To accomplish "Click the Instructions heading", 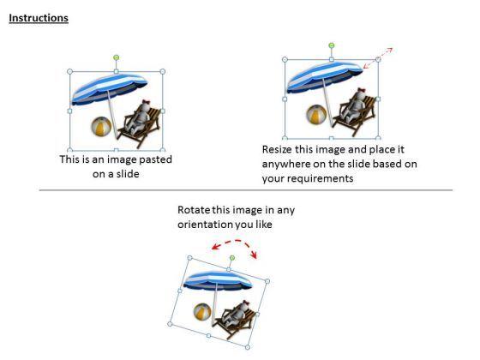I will (39, 18).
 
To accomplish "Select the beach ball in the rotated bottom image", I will (203, 311).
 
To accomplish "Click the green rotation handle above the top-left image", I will (116, 57).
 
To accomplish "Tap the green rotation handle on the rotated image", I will (232, 258).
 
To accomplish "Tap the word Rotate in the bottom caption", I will (193, 209).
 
